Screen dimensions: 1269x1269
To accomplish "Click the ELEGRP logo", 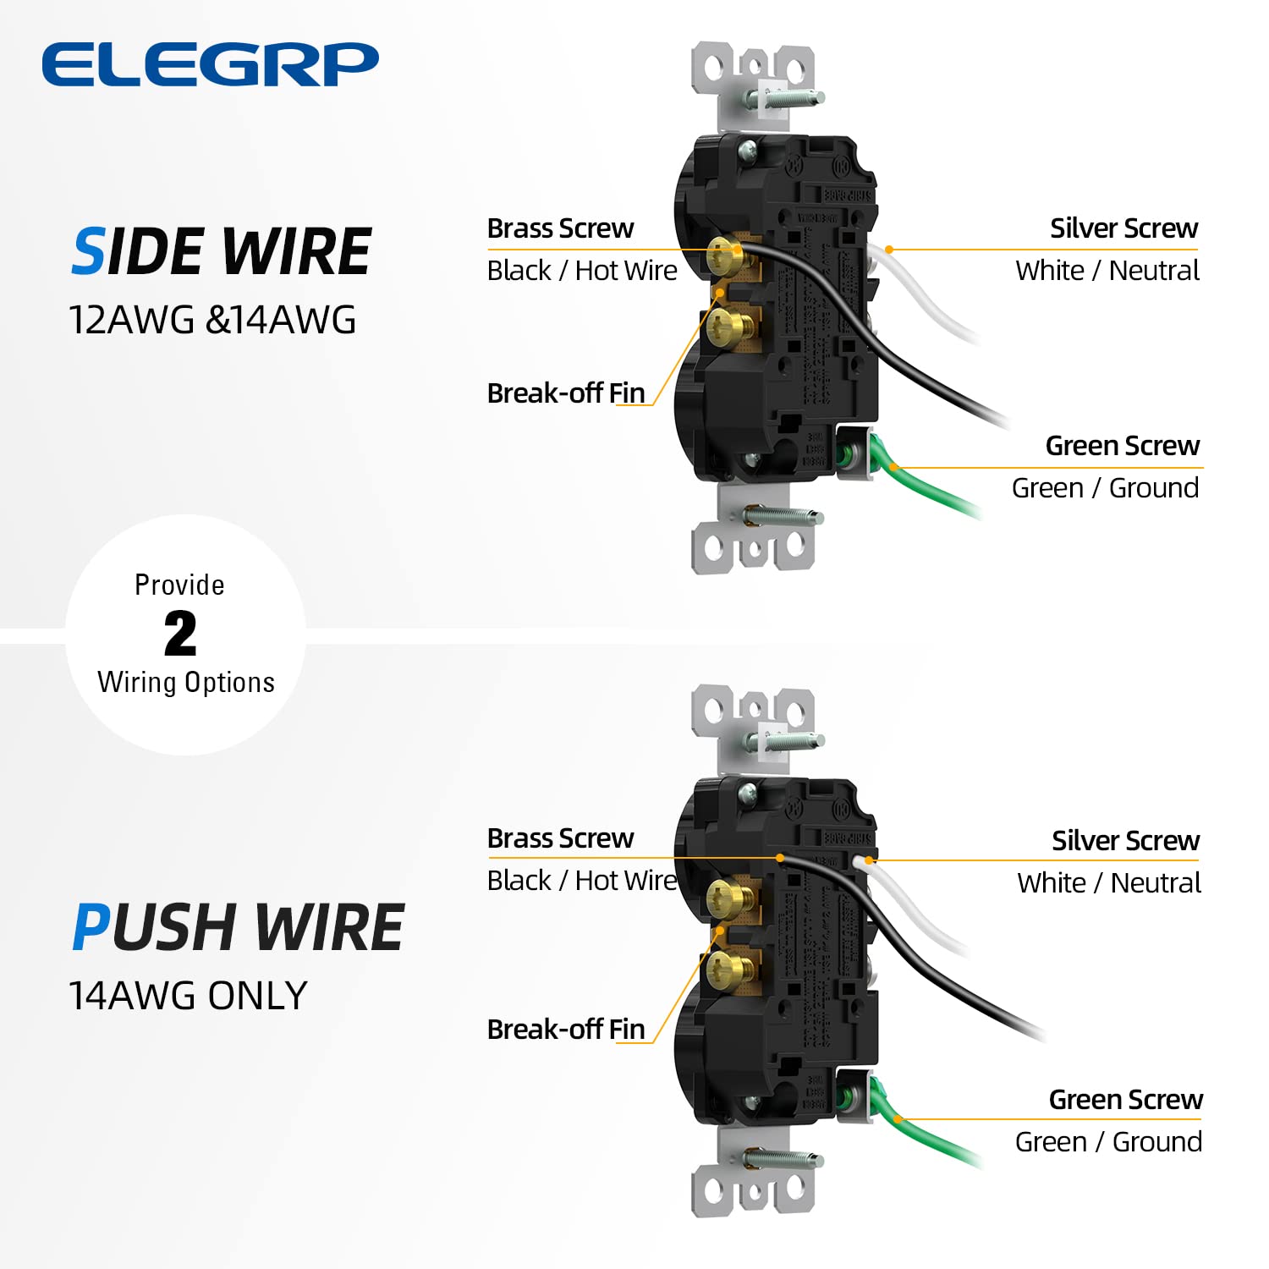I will point(210,64).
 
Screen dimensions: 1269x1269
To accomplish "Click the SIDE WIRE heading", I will point(222,252).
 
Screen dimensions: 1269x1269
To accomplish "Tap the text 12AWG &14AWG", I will point(212,321).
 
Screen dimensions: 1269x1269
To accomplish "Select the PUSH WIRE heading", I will point(238,927).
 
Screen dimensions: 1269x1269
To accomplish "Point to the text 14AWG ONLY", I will point(188,996).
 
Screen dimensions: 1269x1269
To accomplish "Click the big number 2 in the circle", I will point(180,634).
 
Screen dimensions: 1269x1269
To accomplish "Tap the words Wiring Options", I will point(186,683).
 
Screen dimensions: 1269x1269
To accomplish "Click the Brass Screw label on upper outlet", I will point(560,228).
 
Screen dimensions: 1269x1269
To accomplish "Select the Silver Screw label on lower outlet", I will point(1125,840).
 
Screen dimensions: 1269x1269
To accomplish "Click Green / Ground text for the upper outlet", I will point(1105,488).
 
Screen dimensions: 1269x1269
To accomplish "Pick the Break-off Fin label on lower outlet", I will point(566,1030).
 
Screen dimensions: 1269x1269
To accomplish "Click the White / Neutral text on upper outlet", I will point(1107,271).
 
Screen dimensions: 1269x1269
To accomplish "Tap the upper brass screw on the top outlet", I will point(724,253).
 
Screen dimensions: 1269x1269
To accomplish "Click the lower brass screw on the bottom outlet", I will point(724,964).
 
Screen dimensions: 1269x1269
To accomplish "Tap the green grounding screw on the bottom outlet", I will point(843,1098).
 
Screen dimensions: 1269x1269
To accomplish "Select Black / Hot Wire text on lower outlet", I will point(582,881).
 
